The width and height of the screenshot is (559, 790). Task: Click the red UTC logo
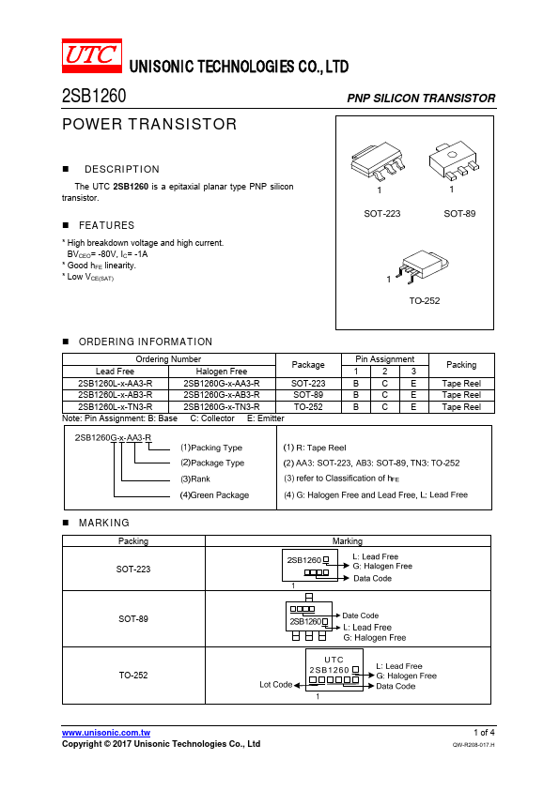(x=92, y=56)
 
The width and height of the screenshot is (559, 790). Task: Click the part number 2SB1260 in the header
(x=94, y=96)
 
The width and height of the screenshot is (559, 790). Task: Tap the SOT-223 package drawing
(x=379, y=160)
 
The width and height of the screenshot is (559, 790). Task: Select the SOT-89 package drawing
(x=454, y=160)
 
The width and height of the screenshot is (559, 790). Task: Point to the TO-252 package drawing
(x=422, y=266)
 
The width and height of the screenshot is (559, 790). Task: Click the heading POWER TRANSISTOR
(x=149, y=124)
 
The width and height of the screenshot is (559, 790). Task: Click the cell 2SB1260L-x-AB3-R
(x=115, y=395)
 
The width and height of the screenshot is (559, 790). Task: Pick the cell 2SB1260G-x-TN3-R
(x=222, y=407)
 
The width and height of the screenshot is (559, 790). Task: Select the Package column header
(x=308, y=365)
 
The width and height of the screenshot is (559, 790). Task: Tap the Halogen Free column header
(x=222, y=372)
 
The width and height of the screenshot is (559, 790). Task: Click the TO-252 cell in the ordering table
(x=308, y=407)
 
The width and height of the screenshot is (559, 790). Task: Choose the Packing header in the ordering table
(x=461, y=365)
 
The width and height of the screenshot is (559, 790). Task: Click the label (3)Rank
(x=195, y=479)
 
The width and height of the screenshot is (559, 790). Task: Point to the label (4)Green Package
(x=214, y=495)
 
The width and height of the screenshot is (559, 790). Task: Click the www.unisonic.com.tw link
(x=106, y=733)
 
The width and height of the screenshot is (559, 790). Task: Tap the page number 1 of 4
(x=485, y=733)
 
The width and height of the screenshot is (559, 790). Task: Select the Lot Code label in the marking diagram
(x=276, y=685)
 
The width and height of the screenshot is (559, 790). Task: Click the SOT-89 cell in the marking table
(x=133, y=618)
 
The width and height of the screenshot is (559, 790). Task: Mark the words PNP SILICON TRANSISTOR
(x=421, y=99)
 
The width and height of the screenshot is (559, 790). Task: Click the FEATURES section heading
(x=106, y=225)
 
